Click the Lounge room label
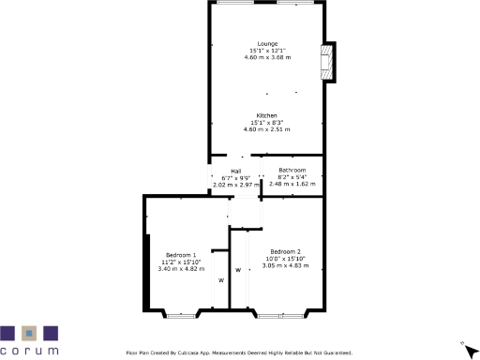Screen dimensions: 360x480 point(267,43)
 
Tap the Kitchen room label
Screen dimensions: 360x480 point(267,115)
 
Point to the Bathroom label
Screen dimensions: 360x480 point(292,170)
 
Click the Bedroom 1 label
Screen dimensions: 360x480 point(181,255)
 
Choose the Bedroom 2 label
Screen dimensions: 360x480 point(285,251)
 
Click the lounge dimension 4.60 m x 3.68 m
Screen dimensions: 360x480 point(267,57)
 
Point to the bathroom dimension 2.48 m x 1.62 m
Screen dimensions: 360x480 point(292,184)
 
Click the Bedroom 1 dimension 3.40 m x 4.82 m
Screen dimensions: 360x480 point(181,269)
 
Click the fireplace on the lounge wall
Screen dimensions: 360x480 point(327,62)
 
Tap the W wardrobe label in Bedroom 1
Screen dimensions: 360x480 point(221,280)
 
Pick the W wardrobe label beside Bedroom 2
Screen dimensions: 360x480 point(238,270)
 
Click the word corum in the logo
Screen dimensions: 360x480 point(29,351)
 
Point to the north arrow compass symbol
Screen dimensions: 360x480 point(462,344)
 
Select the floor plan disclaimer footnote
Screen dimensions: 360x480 point(239,352)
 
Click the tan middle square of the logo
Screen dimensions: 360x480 point(29,332)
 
